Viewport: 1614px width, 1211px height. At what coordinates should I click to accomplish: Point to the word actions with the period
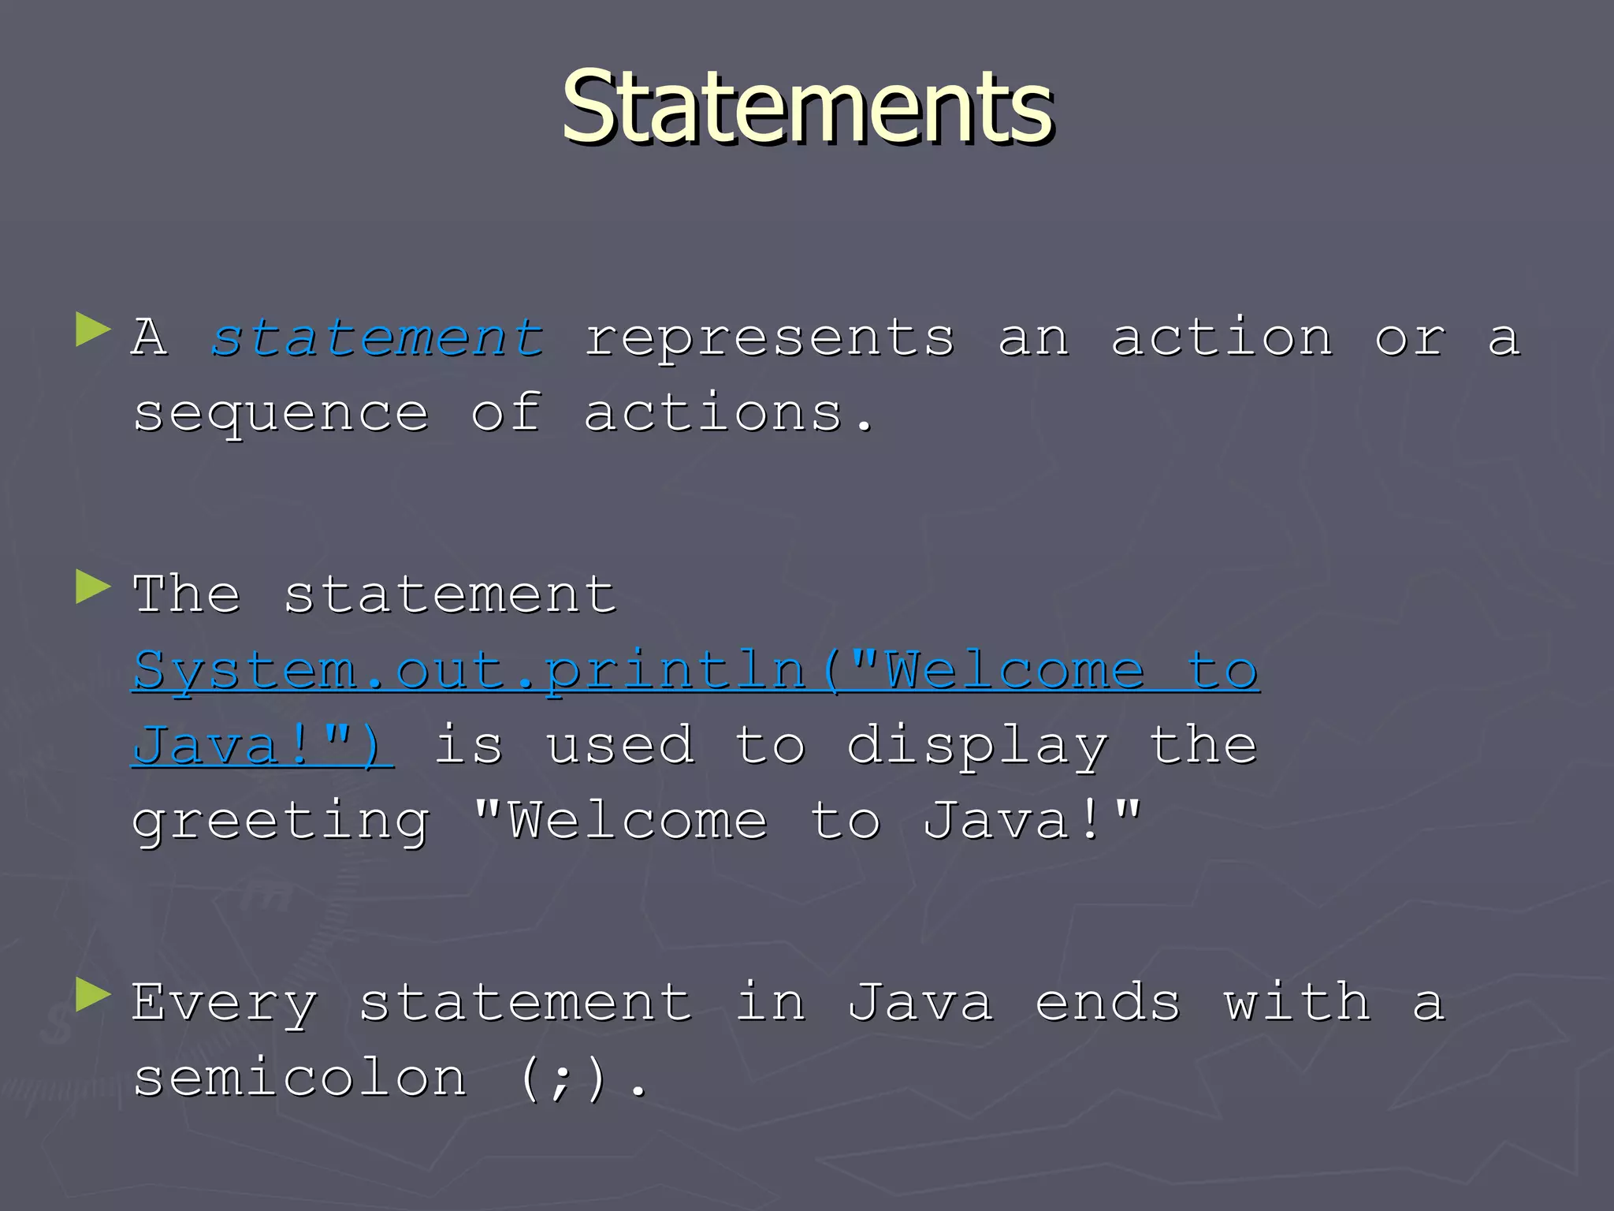(728, 414)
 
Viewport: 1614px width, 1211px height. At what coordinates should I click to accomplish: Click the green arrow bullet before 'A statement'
(93, 330)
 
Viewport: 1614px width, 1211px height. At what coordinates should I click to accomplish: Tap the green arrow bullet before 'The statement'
(93, 587)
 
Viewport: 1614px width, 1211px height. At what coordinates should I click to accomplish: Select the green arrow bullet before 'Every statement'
(93, 995)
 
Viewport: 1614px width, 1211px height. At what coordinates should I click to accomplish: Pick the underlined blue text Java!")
(262, 746)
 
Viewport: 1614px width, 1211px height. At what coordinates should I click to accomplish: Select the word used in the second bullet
(621, 746)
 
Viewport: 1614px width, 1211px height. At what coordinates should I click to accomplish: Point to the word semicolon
(300, 1078)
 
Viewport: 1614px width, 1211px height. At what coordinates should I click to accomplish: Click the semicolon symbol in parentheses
(561, 1079)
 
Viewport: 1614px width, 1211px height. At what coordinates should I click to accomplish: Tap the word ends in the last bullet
(1108, 1003)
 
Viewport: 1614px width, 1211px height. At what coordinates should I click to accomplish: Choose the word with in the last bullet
(1297, 1003)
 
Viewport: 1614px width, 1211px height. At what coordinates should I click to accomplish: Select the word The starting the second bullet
(187, 594)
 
